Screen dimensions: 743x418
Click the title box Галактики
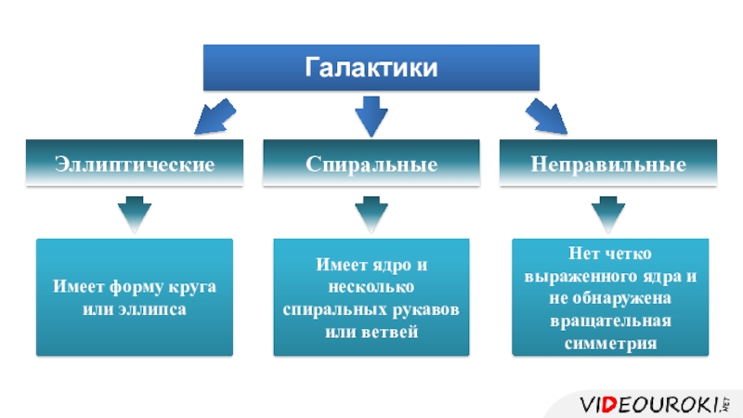pos(371,68)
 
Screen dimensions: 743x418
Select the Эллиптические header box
pos(135,164)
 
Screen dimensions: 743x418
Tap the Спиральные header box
pos(371,164)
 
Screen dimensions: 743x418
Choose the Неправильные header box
pos(608,164)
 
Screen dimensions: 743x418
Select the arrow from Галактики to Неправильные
pos(546,117)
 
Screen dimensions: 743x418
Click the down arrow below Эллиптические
pos(136,213)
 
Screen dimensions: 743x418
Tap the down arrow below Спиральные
pos(371,213)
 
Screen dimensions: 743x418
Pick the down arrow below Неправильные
pos(608,213)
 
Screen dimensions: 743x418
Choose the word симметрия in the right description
pos(609,344)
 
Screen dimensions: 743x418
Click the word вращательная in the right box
pos(609,321)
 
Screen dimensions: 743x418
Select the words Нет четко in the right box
pos(609,254)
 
